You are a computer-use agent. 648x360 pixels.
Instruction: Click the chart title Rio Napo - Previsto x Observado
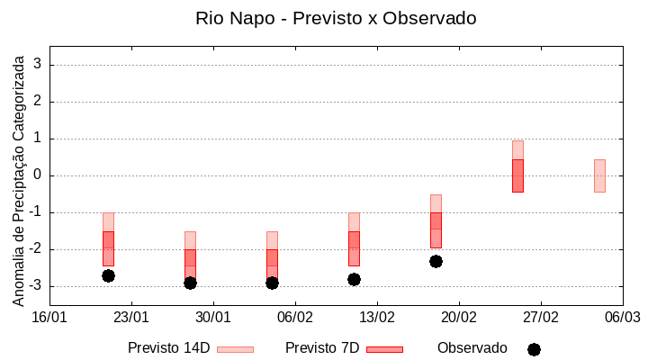[x=336, y=18]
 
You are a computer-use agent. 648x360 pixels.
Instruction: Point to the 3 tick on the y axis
[x=39, y=65]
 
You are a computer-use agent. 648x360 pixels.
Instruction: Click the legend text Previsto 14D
[x=169, y=348]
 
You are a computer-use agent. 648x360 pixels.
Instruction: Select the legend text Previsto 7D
[x=322, y=348]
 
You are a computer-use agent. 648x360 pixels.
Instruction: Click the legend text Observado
[x=472, y=348]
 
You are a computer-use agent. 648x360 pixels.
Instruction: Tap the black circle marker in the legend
[x=534, y=349]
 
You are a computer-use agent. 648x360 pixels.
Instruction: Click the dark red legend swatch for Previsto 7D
[x=384, y=349]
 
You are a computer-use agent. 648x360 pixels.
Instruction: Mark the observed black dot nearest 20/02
[x=436, y=261]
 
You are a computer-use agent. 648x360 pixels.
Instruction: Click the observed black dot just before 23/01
[x=108, y=275]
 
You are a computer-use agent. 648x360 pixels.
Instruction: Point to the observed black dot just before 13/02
[x=354, y=279]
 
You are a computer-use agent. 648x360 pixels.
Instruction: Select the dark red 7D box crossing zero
[x=517, y=175]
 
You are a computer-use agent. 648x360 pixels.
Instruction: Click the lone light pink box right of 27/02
[x=599, y=175]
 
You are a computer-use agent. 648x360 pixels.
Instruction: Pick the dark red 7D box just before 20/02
[x=436, y=229]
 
